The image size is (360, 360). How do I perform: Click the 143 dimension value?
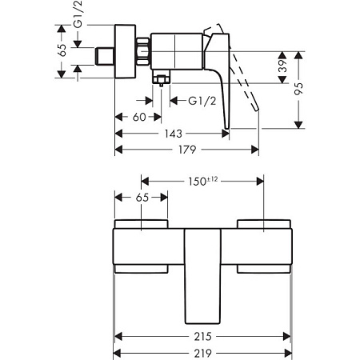[x=173, y=134]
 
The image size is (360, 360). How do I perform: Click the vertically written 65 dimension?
[x=63, y=50]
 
